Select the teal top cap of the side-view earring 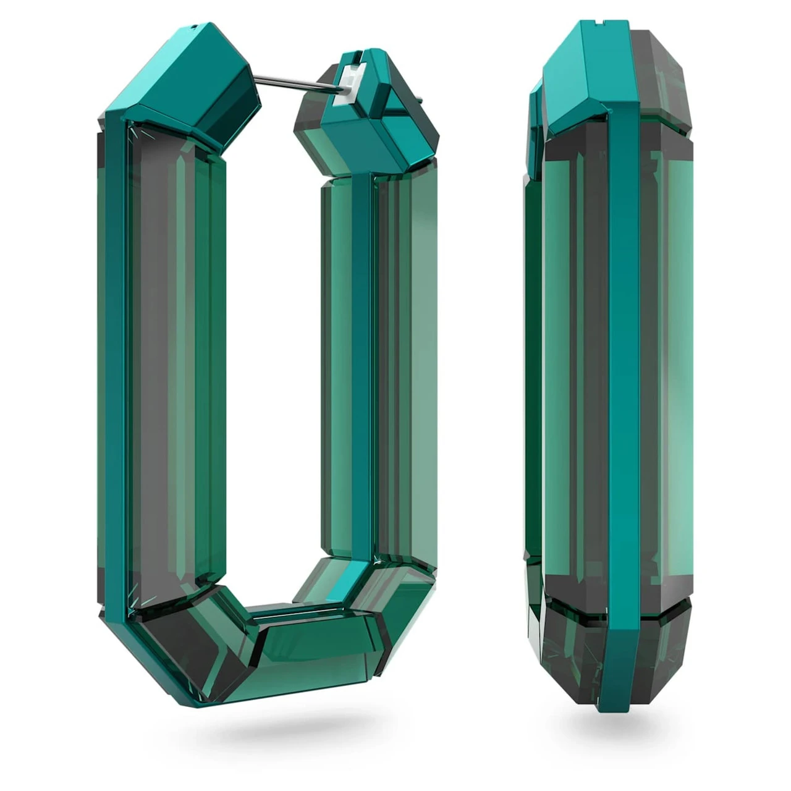point(587,74)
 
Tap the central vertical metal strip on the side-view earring point(624,371)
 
